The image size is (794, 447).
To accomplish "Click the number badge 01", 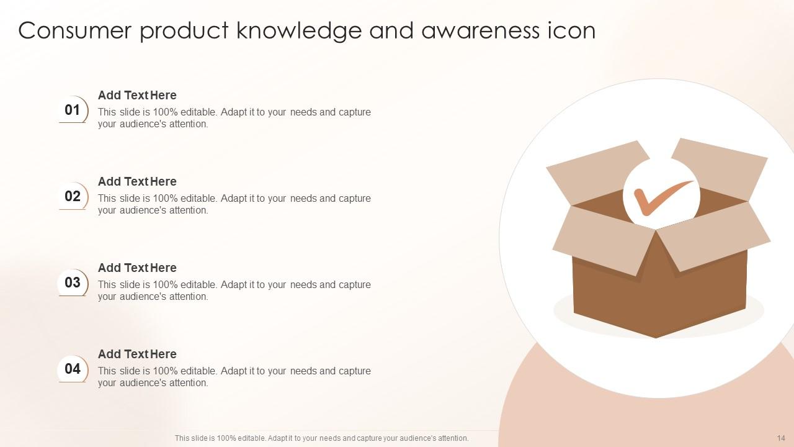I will [x=73, y=111].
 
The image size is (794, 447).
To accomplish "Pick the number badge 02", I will [x=73, y=197].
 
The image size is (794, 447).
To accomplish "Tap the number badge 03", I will [x=73, y=283].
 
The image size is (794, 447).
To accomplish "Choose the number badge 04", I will [x=73, y=369].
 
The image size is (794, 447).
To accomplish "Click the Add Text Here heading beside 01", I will [x=137, y=95].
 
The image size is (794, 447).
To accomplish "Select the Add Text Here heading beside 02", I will [x=137, y=181].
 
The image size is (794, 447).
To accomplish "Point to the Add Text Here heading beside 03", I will [x=137, y=268].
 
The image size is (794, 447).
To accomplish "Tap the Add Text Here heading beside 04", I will [x=137, y=354].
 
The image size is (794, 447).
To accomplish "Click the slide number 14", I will [x=780, y=438].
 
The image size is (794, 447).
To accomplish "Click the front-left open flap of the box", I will [x=602, y=239].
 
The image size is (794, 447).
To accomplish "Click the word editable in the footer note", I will [x=249, y=438].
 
